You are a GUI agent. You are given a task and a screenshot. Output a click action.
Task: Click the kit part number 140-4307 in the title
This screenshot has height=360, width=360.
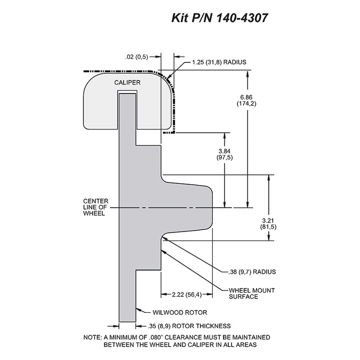(x=242, y=18)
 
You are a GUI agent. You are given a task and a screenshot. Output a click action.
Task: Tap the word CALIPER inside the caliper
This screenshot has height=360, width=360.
(x=127, y=82)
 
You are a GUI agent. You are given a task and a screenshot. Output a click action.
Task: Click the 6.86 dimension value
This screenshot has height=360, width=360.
(x=246, y=97)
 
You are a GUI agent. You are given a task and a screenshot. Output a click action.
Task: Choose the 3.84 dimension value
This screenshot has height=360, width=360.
(x=224, y=151)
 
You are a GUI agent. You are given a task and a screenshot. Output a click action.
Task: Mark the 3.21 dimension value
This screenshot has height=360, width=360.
(x=268, y=221)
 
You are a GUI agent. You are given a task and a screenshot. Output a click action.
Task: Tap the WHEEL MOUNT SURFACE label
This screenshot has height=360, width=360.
(x=252, y=293)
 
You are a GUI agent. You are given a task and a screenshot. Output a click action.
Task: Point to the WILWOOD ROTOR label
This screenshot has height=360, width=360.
(x=180, y=312)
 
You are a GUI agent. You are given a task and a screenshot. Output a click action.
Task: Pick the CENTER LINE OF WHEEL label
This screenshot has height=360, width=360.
(x=95, y=207)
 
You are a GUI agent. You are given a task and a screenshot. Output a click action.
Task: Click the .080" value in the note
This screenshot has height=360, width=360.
(x=156, y=337)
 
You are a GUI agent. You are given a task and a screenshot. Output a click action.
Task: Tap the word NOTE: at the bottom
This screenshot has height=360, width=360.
(x=92, y=337)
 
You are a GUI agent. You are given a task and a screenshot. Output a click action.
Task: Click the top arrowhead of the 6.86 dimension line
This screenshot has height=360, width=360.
(x=248, y=74)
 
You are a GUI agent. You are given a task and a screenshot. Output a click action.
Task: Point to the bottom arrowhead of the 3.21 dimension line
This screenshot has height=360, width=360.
(x=269, y=237)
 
